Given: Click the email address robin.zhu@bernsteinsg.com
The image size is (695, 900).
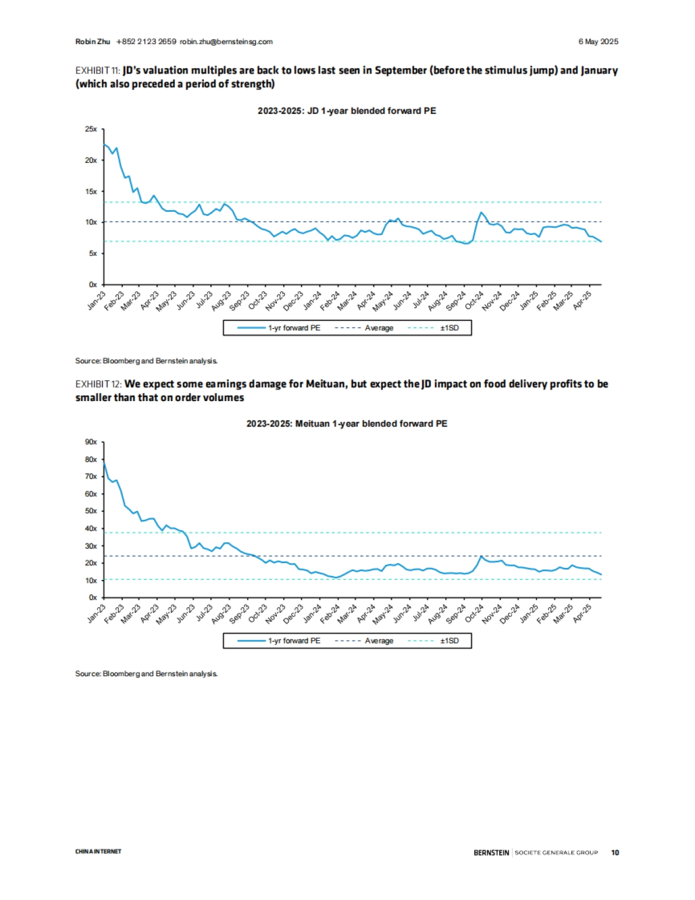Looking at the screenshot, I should (226, 42).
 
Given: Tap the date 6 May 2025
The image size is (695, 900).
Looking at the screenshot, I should (598, 42).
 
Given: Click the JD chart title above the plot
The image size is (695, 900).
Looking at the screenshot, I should (346, 111).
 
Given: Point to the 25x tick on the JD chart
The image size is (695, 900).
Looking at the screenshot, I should (92, 129).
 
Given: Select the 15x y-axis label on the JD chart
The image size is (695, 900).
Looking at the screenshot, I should (92, 192).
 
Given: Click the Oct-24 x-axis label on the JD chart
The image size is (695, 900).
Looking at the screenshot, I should (474, 300).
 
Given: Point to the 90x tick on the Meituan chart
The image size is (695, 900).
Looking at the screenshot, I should (92, 442).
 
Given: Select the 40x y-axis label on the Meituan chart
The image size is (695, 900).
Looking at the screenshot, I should (92, 528).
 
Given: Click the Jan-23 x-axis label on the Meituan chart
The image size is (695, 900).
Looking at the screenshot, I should (97, 614).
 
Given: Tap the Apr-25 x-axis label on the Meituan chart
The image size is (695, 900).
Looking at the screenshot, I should (583, 614).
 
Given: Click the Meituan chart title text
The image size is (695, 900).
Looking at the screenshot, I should (346, 424).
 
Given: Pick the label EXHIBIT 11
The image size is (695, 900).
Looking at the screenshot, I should (97, 71).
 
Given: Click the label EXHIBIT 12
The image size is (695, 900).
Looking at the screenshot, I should (97, 384).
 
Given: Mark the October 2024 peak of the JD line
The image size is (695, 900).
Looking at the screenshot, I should (481, 212).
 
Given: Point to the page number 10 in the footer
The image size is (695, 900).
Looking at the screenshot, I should (615, 853).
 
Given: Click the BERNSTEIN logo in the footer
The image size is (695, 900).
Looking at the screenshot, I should (491, 853).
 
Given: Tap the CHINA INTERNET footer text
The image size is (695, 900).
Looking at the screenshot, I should (98, 851).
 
